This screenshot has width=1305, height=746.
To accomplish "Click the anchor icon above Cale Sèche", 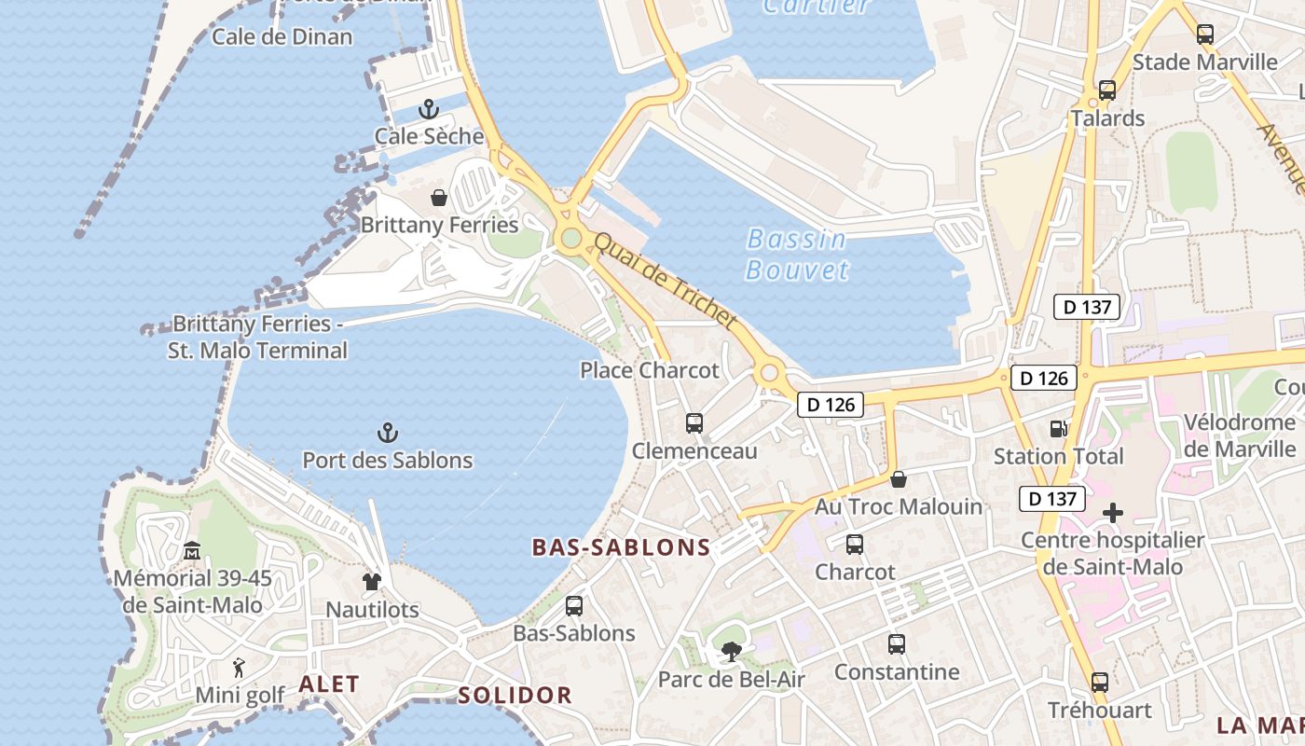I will pyautogui.click(x=429, y=109).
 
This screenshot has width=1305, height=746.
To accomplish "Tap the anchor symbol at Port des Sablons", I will pyautogui.click(x=388, y=433).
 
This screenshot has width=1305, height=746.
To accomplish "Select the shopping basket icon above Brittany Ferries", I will pyautogui.click(x=439, y=198).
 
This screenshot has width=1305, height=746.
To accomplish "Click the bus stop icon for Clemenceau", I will pyautogui.click(x=694, y=423).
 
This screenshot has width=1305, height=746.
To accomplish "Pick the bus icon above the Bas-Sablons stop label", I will pyautogui.click(x=574, y=606).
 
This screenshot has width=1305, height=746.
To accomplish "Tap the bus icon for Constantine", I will pyautogui.click(x=897, y=644).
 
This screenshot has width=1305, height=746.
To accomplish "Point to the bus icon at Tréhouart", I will pyautogui.click(x=1100, y=683).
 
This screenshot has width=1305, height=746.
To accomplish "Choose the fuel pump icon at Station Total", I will pyautogui.click(x=1058, y=429).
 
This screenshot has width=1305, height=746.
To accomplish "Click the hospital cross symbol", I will pyautogui.click(x=1113, y=513).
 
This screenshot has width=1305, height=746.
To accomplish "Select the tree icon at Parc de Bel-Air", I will pyautogui.click(x=732, y=652).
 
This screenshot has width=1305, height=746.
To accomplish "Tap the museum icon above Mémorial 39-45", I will pyautogui.click(x=192, y=551).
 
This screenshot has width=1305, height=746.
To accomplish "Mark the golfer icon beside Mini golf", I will pyautogui.click(x=240, y=668).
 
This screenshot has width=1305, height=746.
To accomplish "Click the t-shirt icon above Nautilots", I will pyautogui.click(x=372, y=582).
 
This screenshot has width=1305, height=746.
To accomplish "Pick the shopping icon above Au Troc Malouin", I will pyautogui.click(x=899, y=479).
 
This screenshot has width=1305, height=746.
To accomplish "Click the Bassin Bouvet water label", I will pyautogui.click(x=798, y=255).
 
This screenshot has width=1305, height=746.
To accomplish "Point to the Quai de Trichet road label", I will pyautogui.click(x=666, y=281).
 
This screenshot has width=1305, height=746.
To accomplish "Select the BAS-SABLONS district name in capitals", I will pyautogui.click(x=622, y=547).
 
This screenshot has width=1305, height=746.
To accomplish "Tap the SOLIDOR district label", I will pyautogui.click(x=515, y=695).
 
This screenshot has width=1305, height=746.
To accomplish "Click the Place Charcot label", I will pyautogui.click(x=650, y=370).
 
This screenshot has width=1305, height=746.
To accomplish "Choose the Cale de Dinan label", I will pyautogui.click(x=282, y=37).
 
